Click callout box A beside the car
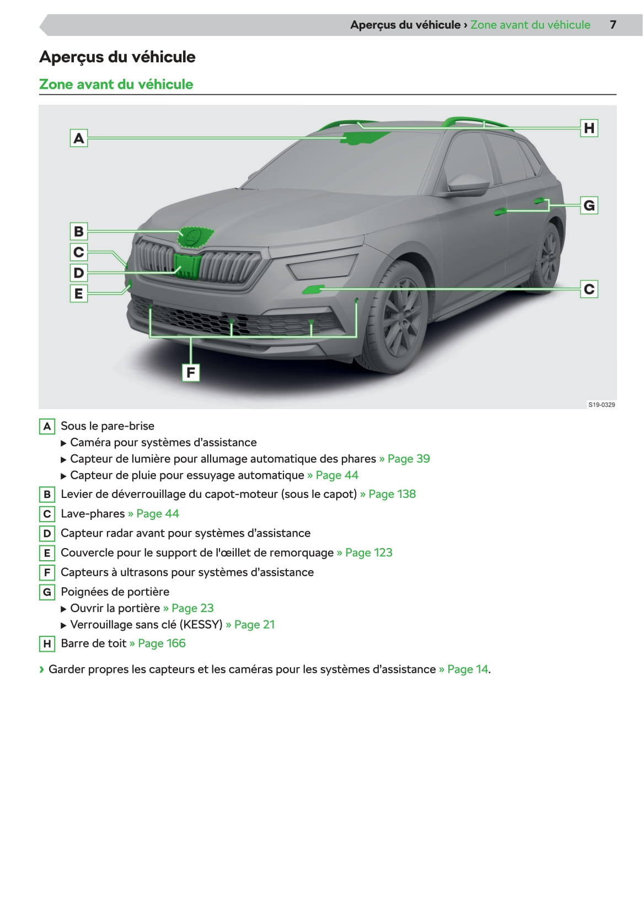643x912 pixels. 79,138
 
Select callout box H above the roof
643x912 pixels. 589,128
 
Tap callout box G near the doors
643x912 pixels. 589,206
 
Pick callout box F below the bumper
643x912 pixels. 191,373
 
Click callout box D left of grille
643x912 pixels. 79,272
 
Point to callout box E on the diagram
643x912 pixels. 79,293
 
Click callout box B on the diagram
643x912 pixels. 79,231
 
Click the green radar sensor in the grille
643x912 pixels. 187,265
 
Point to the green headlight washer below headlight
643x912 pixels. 314,289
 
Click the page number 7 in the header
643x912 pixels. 613,25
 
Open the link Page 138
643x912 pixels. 392,494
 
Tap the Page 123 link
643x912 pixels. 368,552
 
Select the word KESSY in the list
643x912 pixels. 201,625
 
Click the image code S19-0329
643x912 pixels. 601,405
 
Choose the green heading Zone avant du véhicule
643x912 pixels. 116,84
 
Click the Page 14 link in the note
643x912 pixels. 467,669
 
